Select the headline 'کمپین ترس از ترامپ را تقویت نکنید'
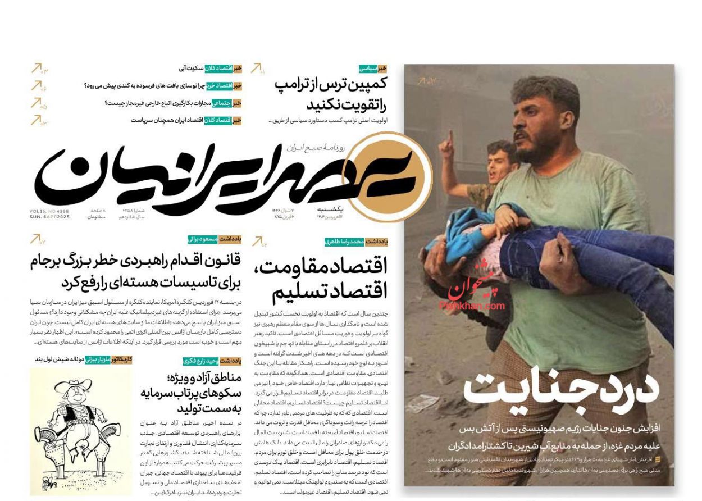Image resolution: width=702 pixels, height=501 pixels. (331, 94)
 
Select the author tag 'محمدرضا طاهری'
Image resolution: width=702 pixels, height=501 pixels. (344, 242)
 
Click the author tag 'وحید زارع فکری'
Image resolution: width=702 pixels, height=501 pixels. (200, 361)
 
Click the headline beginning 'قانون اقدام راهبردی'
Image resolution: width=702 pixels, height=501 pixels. (135, 271)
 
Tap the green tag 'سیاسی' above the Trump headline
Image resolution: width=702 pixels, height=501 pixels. (368, 69)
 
